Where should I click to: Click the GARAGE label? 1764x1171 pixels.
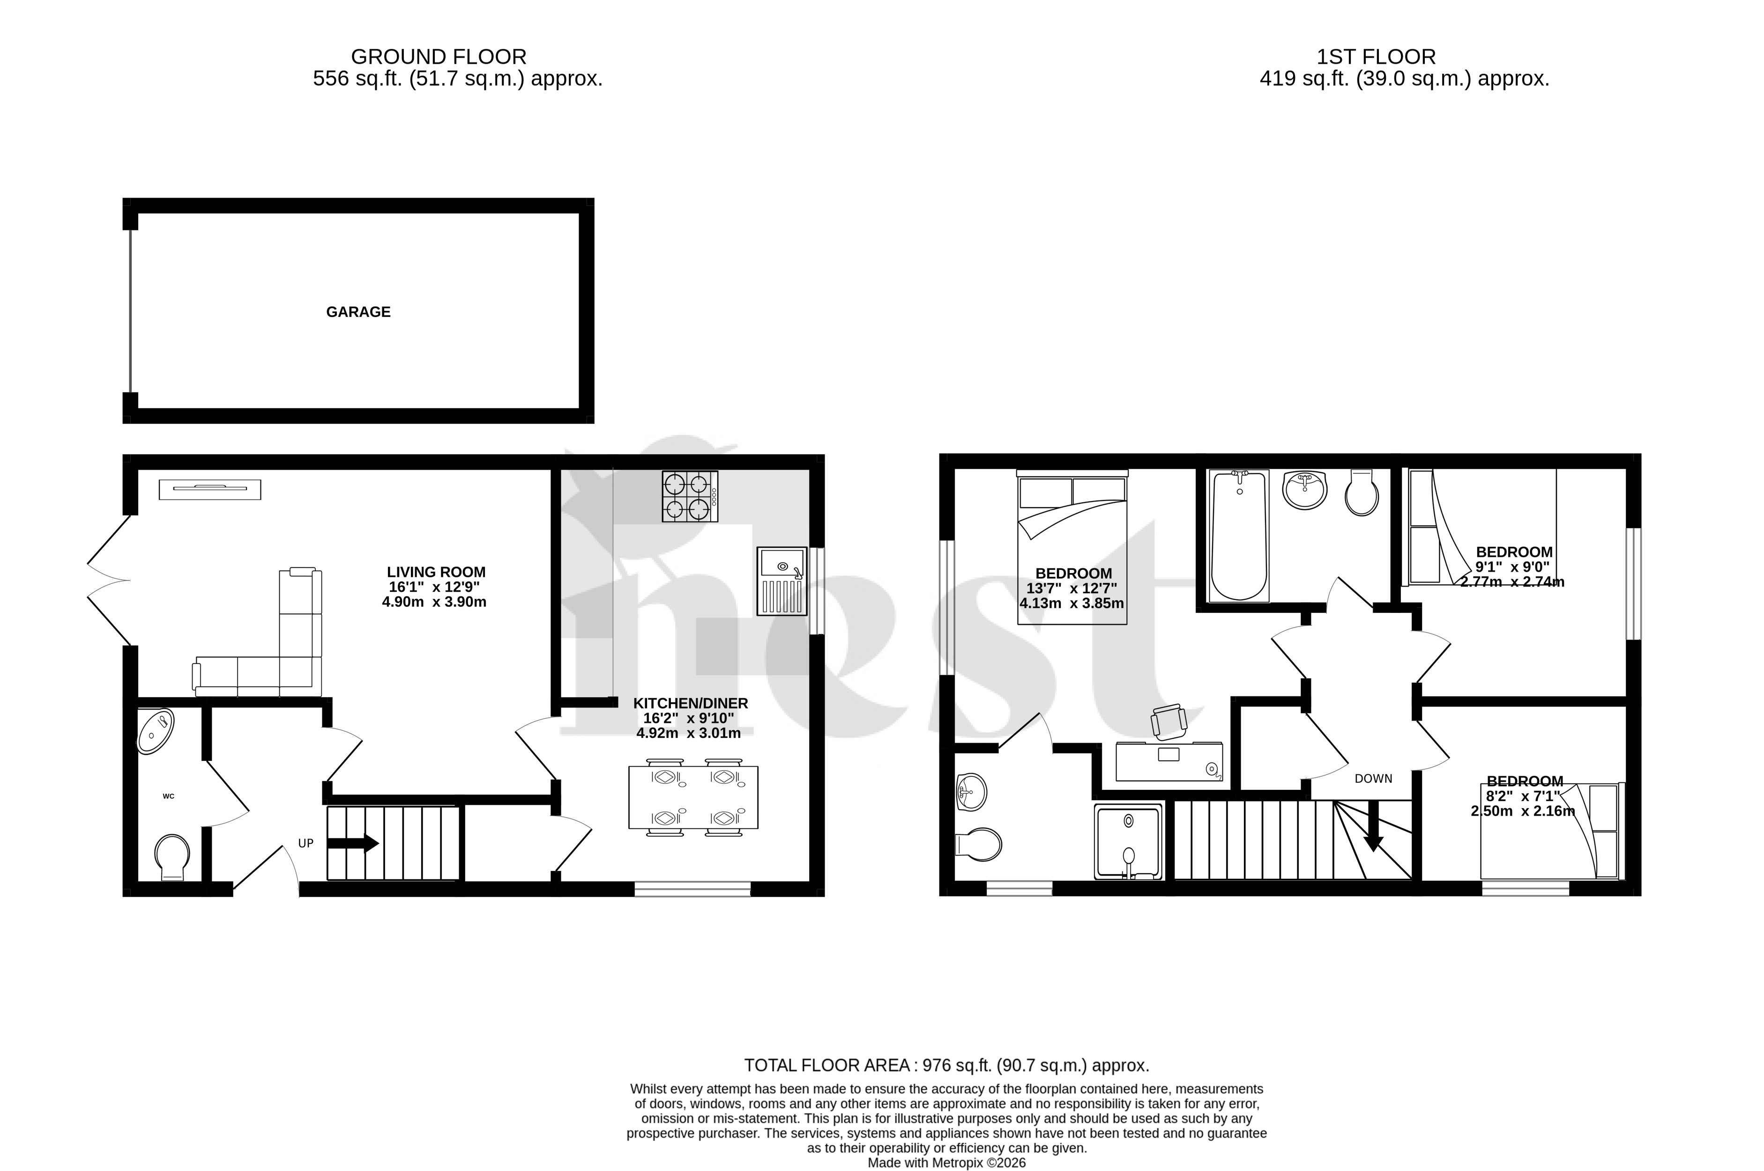358,312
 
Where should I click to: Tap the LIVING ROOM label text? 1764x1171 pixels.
436,572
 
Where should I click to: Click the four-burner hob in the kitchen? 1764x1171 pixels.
689,496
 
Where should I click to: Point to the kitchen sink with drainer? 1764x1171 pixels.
782,581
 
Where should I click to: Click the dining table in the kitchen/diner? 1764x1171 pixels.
693,797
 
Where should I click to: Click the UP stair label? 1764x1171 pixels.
305,843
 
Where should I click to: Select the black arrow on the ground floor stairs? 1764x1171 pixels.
353,843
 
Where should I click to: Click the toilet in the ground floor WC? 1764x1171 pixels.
172,856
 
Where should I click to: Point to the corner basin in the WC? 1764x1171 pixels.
156,730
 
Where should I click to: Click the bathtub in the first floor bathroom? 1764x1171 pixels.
1239,536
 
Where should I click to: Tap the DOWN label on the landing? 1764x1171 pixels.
1373,778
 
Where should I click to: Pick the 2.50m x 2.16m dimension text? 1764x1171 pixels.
1523,810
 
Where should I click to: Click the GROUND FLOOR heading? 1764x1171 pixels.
439,57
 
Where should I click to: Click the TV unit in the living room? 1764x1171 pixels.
210,489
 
